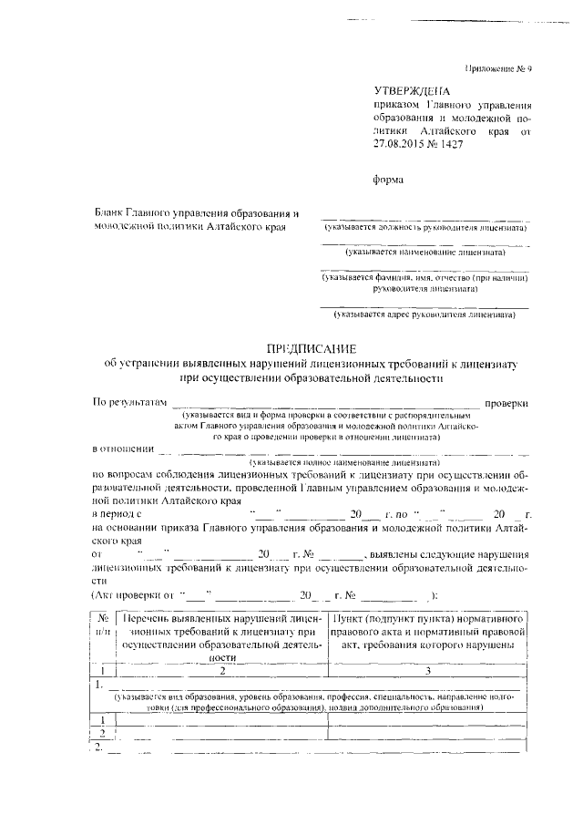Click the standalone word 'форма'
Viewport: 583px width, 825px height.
389,180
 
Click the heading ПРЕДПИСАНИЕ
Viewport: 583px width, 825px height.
311,348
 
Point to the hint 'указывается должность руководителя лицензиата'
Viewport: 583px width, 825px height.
424,228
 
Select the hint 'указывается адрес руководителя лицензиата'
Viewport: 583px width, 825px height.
424,316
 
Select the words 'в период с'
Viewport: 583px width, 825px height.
122,515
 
